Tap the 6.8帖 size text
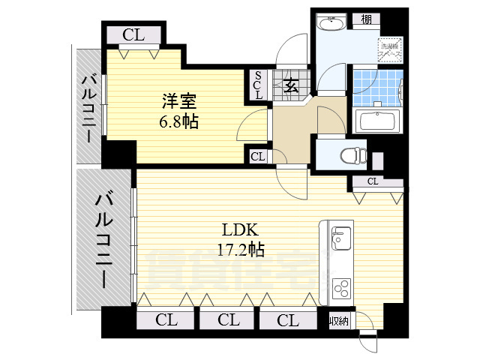(178, 121)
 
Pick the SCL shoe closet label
(258, 85)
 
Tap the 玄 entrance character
(291, 85)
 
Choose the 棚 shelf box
(366, 20)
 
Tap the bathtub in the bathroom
(379, 121)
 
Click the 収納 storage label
(339, 321)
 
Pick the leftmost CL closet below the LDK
(166, 320)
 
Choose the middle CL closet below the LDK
(228, 320)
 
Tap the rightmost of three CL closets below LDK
(287, 320)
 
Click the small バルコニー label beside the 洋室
(88, 107)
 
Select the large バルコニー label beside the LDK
(103, 238)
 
